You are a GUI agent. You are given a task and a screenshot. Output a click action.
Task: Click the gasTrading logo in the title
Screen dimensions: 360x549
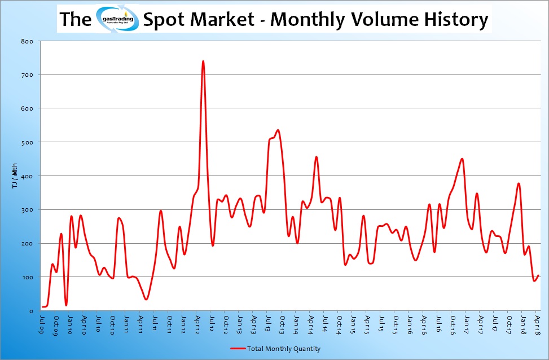[117, 19]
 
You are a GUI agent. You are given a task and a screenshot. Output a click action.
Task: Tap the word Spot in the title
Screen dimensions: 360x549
[165, 19]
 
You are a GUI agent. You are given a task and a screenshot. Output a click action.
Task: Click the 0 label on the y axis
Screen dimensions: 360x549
[32, 311]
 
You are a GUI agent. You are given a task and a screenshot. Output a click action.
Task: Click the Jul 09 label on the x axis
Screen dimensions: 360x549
[43, 324]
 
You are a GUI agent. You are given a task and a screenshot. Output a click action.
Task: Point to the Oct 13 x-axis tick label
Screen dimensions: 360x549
[281, 324]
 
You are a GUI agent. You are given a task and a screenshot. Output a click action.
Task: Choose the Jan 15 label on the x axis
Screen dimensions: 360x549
[352, 324]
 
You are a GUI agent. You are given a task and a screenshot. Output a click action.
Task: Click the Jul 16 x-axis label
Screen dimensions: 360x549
[438, 324]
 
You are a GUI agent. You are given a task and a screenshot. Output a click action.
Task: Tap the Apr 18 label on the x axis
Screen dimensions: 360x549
[537, 324]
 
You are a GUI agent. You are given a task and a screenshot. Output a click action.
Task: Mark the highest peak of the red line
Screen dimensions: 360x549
[203, 61]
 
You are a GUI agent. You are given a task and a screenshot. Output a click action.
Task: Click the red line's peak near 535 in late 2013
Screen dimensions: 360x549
[278, 130]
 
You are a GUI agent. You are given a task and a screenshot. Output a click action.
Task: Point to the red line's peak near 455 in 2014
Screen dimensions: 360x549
[316, 157]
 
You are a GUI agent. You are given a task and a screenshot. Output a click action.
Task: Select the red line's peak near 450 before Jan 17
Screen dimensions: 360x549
[462, 159]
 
